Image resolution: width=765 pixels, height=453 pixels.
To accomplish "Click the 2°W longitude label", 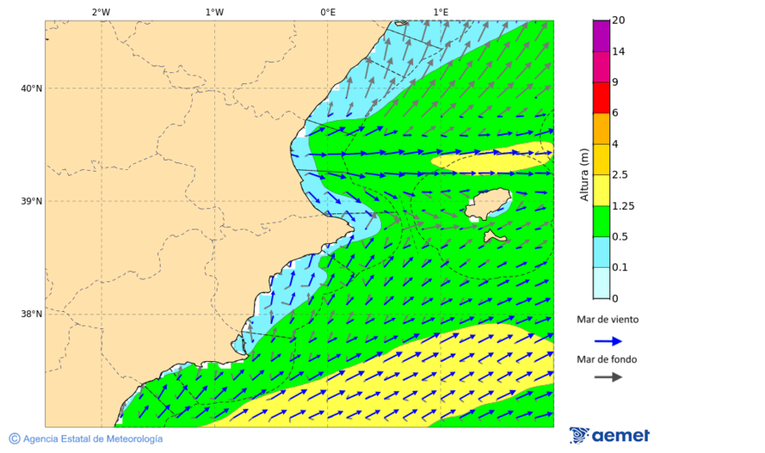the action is point(100,12).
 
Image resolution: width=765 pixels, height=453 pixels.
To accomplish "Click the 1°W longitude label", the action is point(214,12).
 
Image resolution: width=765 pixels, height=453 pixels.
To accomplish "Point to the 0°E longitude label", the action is point(327,12).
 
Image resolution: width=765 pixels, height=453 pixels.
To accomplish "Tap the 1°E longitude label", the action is point(440,12).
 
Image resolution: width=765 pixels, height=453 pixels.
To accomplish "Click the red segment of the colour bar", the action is point(602,98).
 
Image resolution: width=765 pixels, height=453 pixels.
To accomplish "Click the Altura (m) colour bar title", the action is point(584,174).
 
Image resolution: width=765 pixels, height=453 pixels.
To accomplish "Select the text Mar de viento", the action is point(607,320).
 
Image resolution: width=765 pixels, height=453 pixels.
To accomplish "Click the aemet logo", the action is point(609,435).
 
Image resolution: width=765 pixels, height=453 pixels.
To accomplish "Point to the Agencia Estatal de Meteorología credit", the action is point(85,439).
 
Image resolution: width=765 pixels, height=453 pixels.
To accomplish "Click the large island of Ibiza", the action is point(486,205).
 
